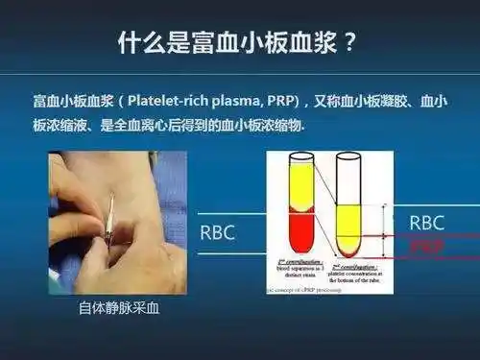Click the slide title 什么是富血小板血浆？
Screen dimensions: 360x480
click(x=240, y=43)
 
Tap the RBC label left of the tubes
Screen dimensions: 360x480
click(x=217, y=232)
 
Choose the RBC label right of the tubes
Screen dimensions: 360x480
click(x=426, y=222)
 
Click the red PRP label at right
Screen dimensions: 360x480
click(x=426, y=246)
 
